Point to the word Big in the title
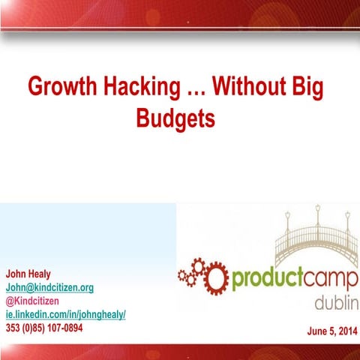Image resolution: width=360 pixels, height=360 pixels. (x=308, y=87)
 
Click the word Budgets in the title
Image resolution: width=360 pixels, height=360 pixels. (x=176, y=118)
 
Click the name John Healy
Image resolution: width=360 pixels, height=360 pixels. (x=28, y=274)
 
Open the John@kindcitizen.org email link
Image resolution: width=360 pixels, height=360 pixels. (x=49, y=288)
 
